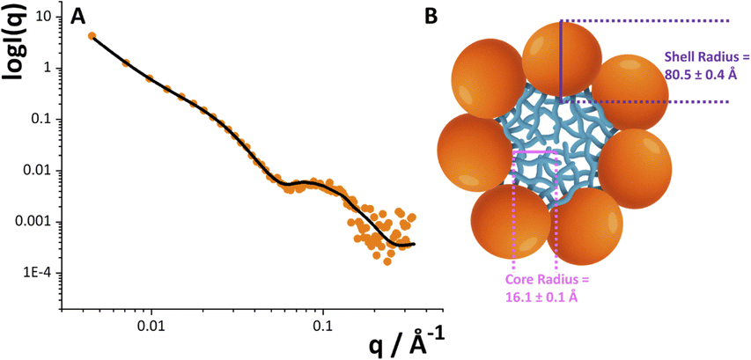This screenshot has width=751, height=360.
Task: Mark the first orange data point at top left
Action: (x=92, y=36)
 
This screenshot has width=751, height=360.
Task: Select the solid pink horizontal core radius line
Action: (x=534, y=151)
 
